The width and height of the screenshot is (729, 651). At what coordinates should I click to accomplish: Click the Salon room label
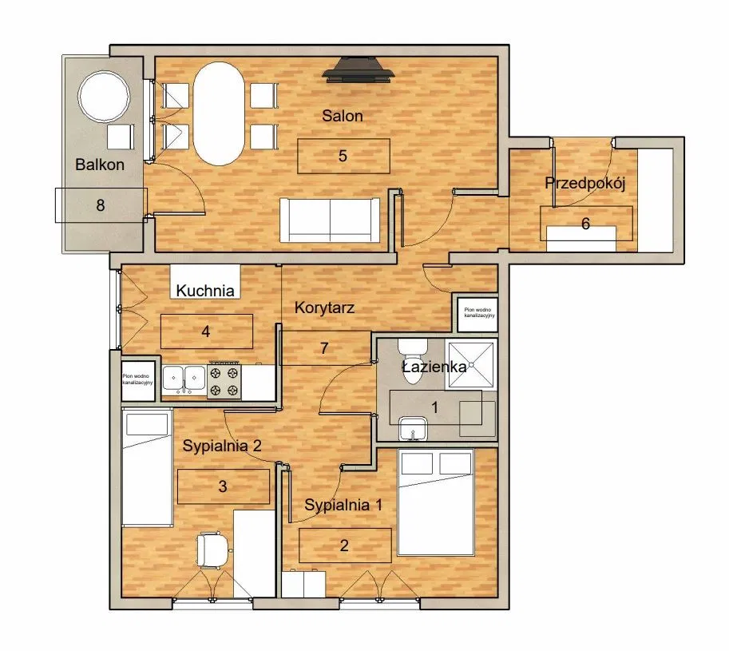coord(343,116)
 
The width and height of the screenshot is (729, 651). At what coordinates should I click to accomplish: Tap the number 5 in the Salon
coord(343,156)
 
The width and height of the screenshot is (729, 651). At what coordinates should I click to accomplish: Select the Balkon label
coord(100,165)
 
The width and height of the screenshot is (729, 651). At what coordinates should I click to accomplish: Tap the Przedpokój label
coord(584,183)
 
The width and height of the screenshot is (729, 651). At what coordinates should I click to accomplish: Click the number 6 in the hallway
coord(585,224)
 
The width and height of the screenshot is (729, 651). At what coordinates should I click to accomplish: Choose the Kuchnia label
coord(206,291)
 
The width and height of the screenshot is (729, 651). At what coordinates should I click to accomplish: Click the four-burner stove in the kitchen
coord(224,380)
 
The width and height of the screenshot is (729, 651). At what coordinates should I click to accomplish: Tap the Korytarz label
coord(324,307)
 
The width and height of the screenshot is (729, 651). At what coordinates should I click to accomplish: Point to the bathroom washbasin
coord(412,428)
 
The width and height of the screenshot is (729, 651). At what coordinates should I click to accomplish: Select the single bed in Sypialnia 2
coord(148,467)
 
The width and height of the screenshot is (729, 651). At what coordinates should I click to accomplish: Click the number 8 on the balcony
coord(101,205)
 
